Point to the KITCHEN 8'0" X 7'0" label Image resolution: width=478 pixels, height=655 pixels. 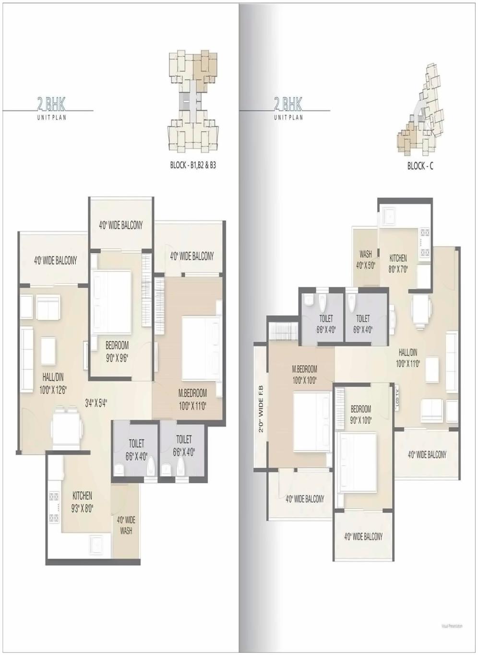(x=398, y=263)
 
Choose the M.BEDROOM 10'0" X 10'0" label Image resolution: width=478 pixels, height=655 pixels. (x=305, y=374)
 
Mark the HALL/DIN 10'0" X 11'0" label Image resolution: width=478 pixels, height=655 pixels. (x=408, y=358)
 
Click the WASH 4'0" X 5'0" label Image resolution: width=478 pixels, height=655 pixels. (x=365, y=260)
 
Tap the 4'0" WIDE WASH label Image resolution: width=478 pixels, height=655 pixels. (x=126, y=525)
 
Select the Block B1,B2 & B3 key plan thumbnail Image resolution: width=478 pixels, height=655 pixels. (x=193, y=100)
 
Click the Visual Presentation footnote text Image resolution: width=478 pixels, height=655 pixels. (x=452, y=626)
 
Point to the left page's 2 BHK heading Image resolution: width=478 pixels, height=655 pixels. (x=51, y=103)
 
